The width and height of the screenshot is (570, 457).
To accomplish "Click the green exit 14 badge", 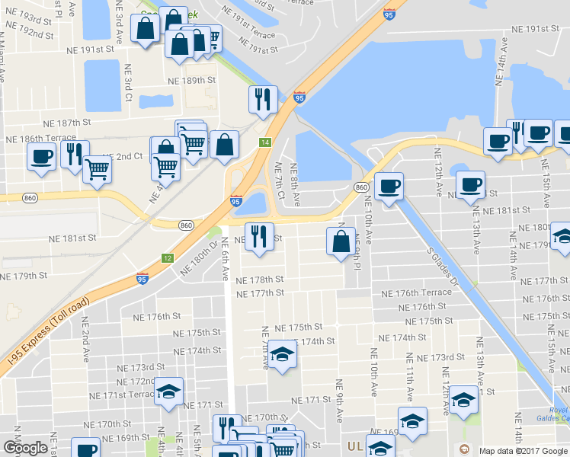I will click(264, 142).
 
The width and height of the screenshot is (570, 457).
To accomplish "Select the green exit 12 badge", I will click(167, 258).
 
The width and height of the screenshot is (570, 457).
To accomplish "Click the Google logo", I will click(25, 448).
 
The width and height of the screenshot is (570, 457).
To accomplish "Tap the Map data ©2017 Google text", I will click(523, 451).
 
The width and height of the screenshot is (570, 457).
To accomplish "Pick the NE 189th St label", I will click(194, 81).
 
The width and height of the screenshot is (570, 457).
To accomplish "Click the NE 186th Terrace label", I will click(40, 139).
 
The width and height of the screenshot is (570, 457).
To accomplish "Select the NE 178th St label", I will click(260, 280).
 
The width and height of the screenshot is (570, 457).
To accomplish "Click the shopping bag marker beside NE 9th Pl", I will click(340, 241).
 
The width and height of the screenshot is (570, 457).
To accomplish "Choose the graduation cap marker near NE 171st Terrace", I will click(168, 392).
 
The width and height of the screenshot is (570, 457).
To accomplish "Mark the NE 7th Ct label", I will click(279, 184).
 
